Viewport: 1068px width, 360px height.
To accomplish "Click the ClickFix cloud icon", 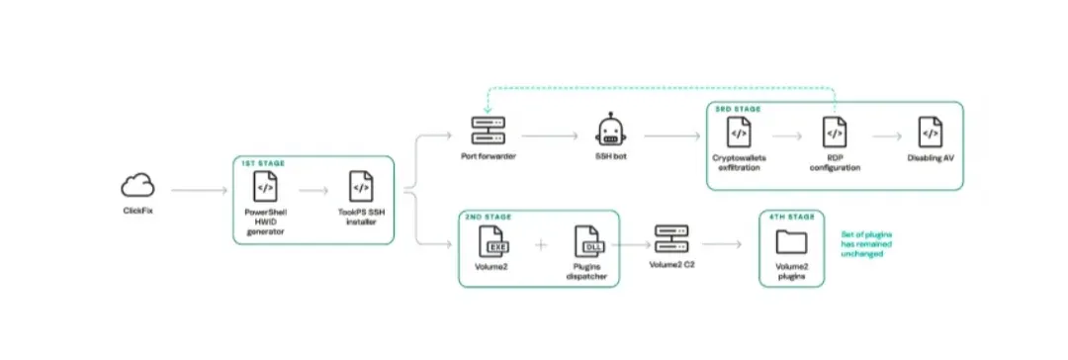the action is pos(137,186).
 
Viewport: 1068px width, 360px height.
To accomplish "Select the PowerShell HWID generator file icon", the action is pos(265,186).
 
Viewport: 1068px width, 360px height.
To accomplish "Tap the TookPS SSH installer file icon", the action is pos(361,186).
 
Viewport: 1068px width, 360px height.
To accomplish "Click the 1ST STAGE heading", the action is pos(263,163).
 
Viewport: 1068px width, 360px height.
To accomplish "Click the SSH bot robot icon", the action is pos(610,131).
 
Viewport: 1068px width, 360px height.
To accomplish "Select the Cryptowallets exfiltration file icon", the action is pos(739,133).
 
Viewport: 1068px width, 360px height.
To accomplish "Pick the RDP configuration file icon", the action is pos(835,133).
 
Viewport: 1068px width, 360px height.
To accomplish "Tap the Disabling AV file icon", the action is pos(930,133).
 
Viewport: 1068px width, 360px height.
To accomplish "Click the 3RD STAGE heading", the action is pos(738,109).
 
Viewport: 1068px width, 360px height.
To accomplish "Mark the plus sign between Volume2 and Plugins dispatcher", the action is pos(541,244).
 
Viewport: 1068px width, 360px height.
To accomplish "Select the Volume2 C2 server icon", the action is pos(671,239).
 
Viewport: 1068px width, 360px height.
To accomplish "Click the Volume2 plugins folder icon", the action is pos(791,242).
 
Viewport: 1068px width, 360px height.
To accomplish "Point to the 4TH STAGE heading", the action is pos(791,218).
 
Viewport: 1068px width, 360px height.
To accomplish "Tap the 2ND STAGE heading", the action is pos(489,218).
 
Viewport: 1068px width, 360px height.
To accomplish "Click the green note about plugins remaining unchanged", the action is pos(867,243).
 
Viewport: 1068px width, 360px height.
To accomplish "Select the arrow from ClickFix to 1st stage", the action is pos(200,190).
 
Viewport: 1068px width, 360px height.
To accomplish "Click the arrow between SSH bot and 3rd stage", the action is pos(671,136).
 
